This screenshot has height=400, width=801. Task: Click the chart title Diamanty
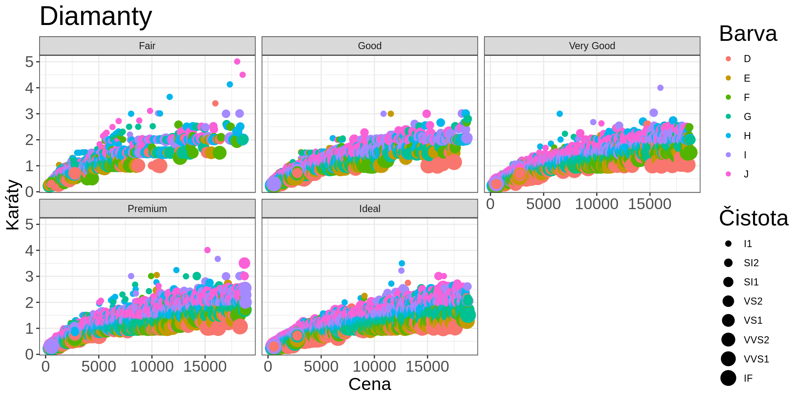96,17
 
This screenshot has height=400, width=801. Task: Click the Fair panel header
147,46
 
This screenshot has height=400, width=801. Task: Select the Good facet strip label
370,46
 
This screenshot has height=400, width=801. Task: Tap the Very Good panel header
592,46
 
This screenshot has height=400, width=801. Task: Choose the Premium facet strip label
147,209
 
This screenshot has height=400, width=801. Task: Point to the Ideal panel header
370,209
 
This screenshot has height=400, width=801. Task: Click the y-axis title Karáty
13,205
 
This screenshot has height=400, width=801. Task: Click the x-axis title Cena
370,384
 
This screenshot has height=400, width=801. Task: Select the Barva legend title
748,34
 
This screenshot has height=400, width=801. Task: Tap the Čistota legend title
753,218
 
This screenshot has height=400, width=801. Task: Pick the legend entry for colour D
728,59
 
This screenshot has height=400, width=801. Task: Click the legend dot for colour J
728,174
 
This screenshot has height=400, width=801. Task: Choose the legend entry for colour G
728,117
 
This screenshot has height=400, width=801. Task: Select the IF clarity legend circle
728,378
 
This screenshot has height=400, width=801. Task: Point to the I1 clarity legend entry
728,244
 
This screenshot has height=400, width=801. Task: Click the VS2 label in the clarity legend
753,301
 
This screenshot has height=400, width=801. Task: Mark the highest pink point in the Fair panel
237,62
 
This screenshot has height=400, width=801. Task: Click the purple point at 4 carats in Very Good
660,88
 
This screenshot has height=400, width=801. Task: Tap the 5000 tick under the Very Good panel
543,204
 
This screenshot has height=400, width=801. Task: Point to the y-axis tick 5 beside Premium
29,225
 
